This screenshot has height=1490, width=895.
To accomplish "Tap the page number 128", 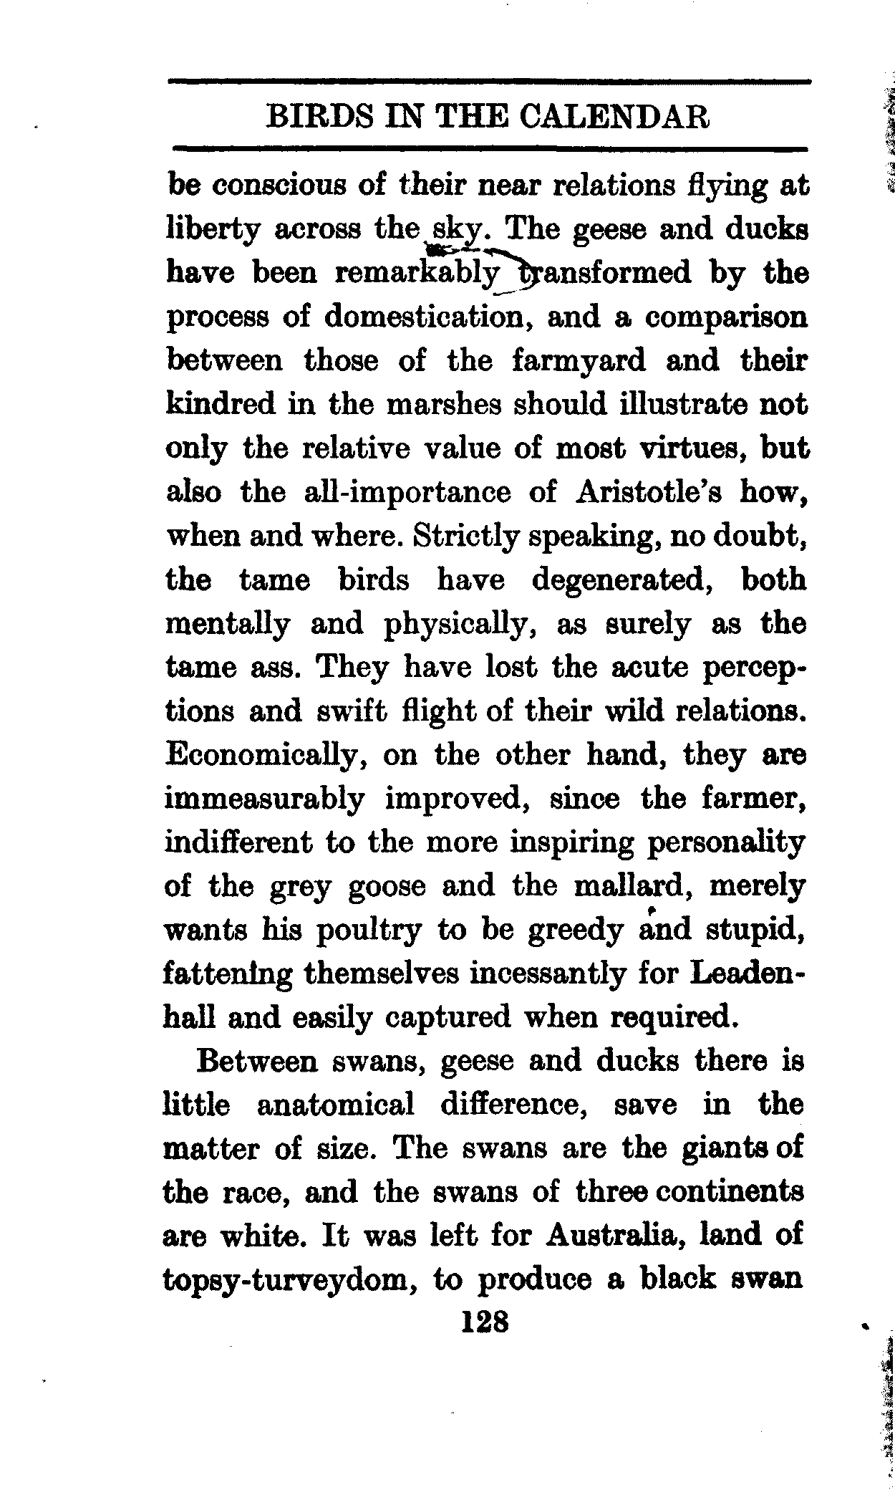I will click(485, 1320).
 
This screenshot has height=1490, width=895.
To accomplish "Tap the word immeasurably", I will click(264, 799).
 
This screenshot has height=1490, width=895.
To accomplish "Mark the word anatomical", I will click(335, 1105).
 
